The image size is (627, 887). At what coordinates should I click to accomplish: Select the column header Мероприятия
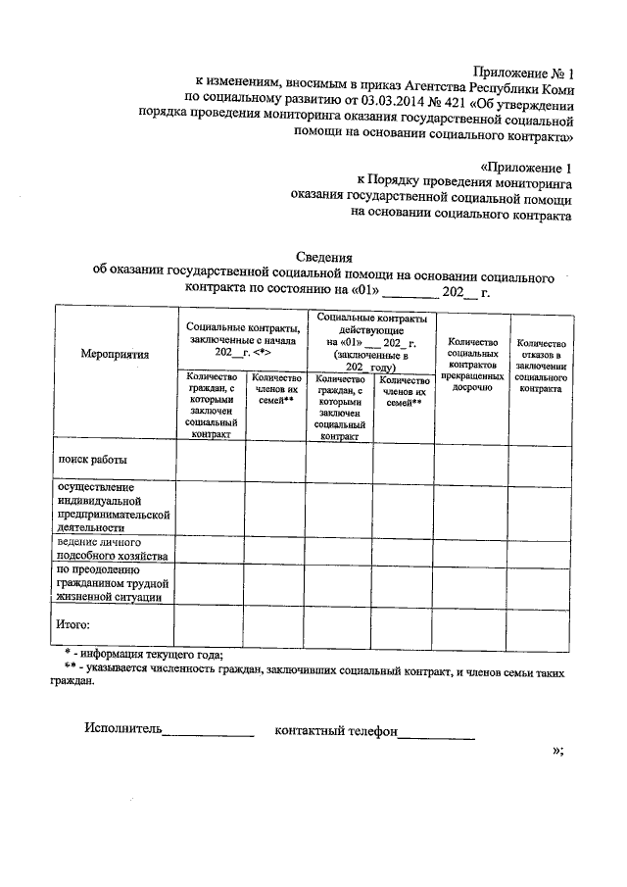coord(116,355)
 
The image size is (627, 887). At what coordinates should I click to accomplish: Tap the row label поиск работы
coord(93,459)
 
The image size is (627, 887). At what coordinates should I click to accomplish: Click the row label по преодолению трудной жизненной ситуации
coord(109,582)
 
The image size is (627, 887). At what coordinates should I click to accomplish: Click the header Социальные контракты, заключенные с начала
coord(241,338)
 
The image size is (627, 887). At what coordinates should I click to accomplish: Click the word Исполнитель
coord(122,729)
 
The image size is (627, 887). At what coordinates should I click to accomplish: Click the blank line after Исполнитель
coord(208,732)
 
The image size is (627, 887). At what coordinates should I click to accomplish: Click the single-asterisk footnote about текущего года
coord(143,655)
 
